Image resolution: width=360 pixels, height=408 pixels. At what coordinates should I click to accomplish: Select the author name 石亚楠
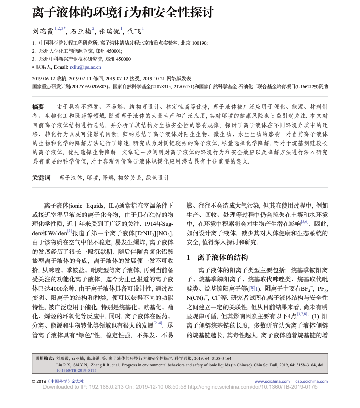pos(80,31)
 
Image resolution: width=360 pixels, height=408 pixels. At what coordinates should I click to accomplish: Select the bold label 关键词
pos(41,178)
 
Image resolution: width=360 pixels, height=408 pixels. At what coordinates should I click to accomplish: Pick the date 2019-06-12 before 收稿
pos(46,79)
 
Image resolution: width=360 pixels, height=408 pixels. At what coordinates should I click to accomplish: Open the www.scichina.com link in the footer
pos(272,381)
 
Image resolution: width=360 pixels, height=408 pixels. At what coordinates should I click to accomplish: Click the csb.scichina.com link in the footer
pos(311,381)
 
